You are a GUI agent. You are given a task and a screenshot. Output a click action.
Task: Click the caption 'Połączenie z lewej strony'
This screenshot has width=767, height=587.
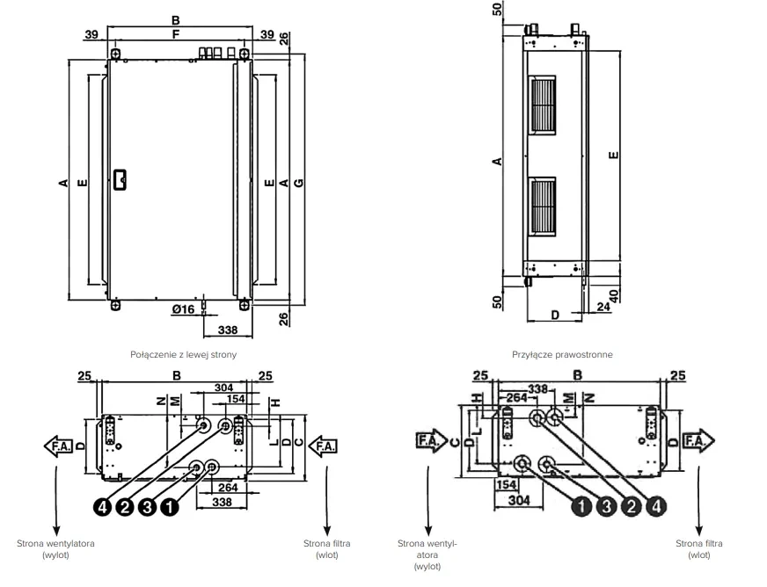click(x=184, y=354)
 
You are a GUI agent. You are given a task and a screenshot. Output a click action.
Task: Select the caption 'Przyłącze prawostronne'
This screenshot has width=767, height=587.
click(x=562, y=354)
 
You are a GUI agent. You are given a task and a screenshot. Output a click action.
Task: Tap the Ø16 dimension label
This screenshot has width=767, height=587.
click(x=183, y=309)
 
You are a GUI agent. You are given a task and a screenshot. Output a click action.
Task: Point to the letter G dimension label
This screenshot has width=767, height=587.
click(x=298, y=183)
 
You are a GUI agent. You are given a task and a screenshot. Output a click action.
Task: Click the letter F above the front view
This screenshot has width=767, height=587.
click(x=176, y=33)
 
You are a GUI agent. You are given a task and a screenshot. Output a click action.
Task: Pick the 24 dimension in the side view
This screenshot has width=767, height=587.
click(x=603, y=307)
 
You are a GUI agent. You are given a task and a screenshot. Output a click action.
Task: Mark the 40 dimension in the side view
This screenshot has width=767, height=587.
click(x=614, y=296)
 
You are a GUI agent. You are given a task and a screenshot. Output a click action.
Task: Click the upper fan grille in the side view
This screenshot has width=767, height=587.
click(x=543, y=105)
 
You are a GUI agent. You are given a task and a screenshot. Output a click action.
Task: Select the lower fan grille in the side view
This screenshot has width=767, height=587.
click(x=543, y=207)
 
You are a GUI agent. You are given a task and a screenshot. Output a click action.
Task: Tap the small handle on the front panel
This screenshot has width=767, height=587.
click(x=120, y=179)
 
